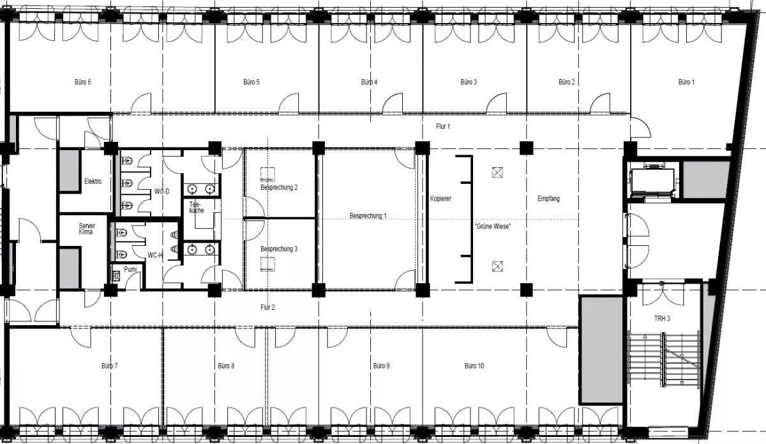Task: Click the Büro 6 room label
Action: [83, 82]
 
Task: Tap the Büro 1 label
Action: [686, 82]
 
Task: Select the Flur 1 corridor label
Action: [443, 126]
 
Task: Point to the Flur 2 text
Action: [267, 307]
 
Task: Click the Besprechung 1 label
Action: [368, 216]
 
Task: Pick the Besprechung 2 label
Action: [279, 188]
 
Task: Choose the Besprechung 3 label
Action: [279, 249]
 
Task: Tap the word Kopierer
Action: [440, 199]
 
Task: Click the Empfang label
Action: [548, 199]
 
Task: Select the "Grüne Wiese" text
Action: [492, 226]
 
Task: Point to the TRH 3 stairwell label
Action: [662, 319]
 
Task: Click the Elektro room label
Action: [93, 181]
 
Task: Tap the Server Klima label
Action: [87, 229]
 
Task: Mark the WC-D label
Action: [161, 192]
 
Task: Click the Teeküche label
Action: [197, 207]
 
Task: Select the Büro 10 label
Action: [474, 366]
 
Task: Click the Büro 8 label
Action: [226, 366]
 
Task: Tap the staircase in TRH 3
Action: [664, 360]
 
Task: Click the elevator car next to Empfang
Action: [653, 181]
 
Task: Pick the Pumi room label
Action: [130, 270]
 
